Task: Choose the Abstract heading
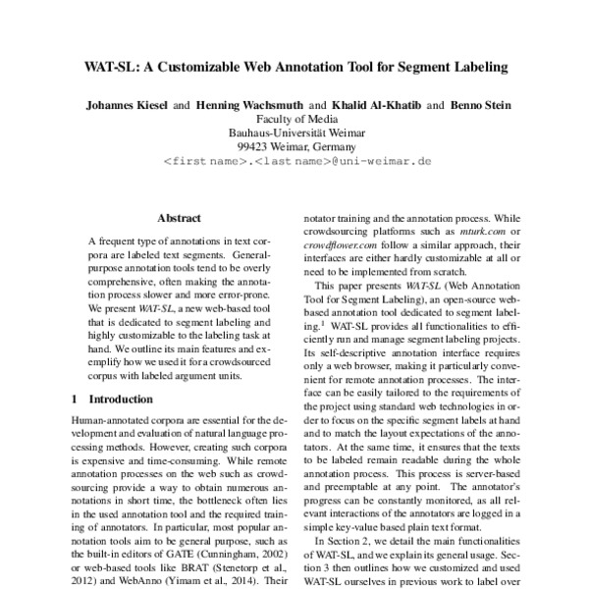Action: (x=179, y=218)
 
